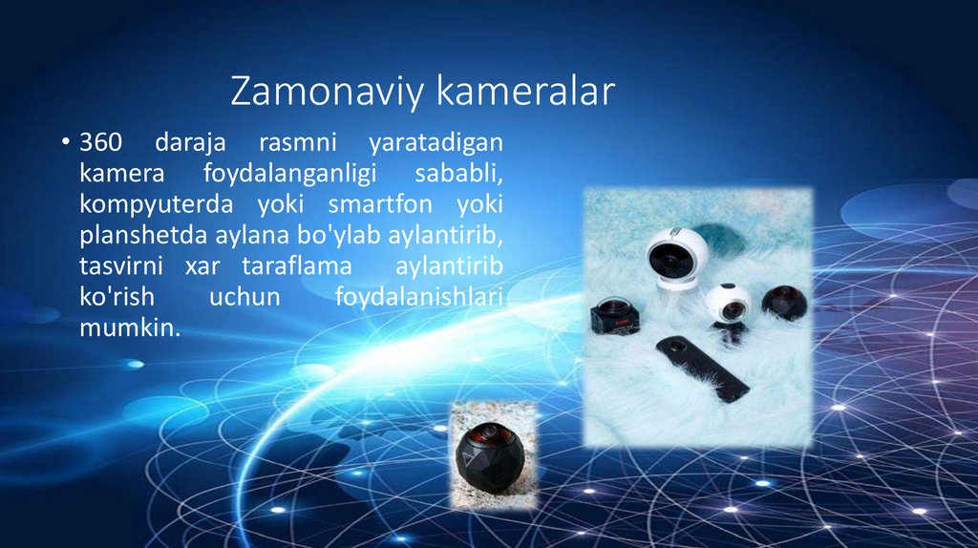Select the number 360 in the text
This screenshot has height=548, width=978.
(x=101, y=143)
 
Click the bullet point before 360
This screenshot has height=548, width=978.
(x=67, y=143)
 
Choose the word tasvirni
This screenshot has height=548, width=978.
(x=113, y=265)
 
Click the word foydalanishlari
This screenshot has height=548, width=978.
(x=419, y=296)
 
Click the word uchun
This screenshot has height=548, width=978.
(x=244, y=296)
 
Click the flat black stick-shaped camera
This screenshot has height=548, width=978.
(x=702, y=368)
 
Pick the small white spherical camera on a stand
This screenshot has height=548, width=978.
(x=728, y=306)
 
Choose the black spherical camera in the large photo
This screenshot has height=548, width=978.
(x=783, y=303)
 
